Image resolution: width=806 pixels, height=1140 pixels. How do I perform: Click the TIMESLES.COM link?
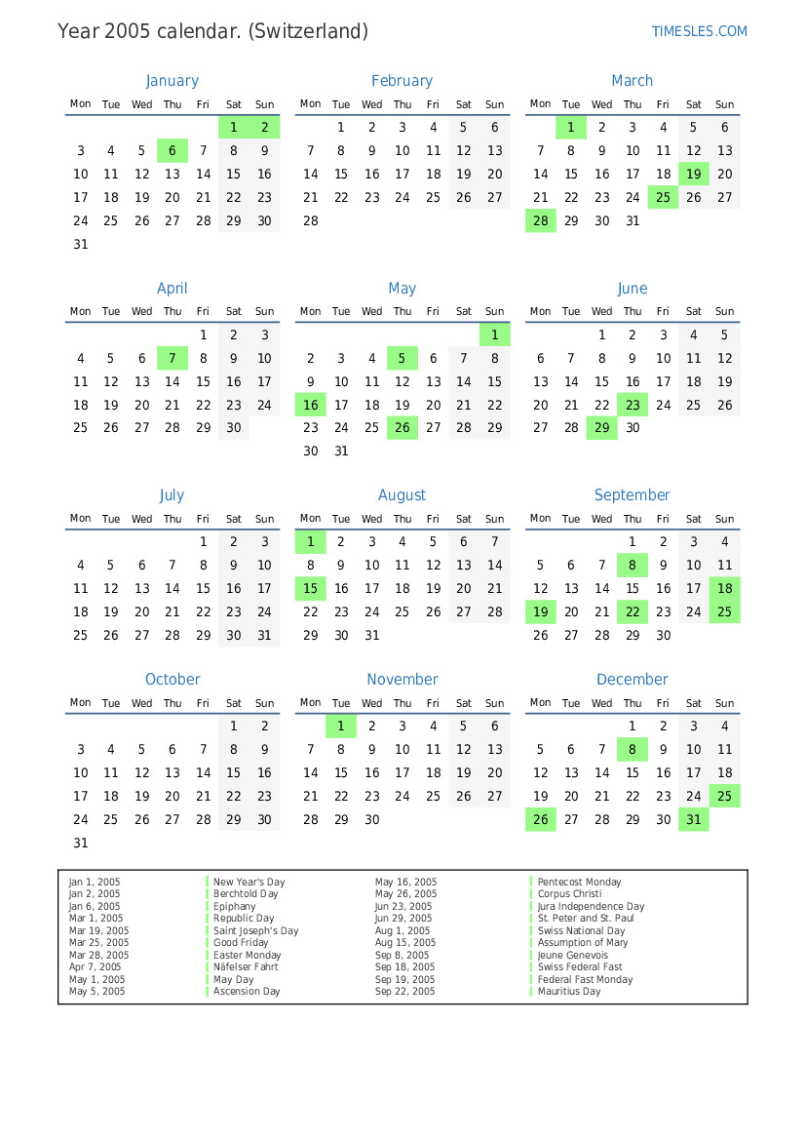pyautogui.click(x=699, y=31)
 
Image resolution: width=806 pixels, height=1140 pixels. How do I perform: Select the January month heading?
pyautogui.click(x=173, y=81)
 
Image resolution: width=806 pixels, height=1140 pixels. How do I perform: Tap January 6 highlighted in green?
pyautogui.click(x=173, y=150)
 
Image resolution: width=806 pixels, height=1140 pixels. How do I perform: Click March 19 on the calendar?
pyautogui.click(x=694, y=175)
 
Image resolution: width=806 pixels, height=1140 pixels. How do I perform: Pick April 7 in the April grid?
pyautogui.click(x=173, y=358)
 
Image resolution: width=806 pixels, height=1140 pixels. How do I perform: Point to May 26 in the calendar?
pyautogui.click(x=403, y=427)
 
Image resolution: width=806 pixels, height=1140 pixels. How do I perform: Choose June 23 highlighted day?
pyautogui.click(x=633, y=405)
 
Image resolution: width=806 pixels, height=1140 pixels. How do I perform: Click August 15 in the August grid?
pyautogui.click(x=310, y=588)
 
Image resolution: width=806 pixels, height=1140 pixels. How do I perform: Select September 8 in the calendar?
pyautogui.click(x=633, y=565)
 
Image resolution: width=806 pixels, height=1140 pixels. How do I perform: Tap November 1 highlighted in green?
pyautogui.click(x=341, y=726)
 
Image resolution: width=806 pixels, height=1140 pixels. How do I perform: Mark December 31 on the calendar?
pyautogui.click(x=694, y=820)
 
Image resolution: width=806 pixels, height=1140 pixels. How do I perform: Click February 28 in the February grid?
pyautogui.click(x=310, y=220)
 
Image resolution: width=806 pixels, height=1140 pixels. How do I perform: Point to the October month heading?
pyautogui.click(x=173, y=680)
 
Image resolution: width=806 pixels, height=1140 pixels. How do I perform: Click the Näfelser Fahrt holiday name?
pyautogui.click(x=246, y=967)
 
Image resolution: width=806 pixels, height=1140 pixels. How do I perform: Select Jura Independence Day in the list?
pyautogui.click(x=591, y=906)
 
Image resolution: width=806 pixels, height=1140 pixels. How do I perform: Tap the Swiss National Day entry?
pyautogui.click(x=581, y=930)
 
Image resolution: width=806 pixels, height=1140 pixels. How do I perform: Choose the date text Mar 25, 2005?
pyautogui.click(x=98, y=943)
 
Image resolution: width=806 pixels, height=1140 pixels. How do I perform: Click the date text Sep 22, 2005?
pyautogui.click(x=405, y=992)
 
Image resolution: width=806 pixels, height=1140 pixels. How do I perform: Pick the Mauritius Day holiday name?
pyautogui.click(x=569, y=992)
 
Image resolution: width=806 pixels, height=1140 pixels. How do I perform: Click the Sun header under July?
pyautogui.click(x=264, y=519)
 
